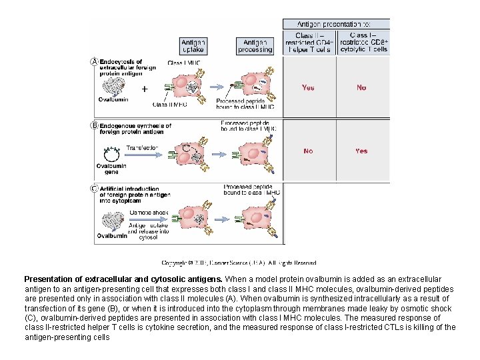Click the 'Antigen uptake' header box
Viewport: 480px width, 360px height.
coord(193,45)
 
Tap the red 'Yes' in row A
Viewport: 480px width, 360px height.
coord(308,87)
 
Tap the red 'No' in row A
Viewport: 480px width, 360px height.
coord(361,87)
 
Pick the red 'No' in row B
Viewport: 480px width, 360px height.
coord(308,151)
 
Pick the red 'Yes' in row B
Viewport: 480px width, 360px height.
coord(361,151)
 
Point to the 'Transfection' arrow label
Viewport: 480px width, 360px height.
coord(141,148)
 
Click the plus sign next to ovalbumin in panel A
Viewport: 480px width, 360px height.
coord(144,88)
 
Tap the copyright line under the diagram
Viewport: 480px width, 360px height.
coord(239,263)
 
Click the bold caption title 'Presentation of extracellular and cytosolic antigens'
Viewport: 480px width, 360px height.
coord(123,279)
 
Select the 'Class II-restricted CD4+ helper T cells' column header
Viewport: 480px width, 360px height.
coord(309,42)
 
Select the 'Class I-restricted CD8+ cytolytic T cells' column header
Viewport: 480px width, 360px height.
coord(363,42)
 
